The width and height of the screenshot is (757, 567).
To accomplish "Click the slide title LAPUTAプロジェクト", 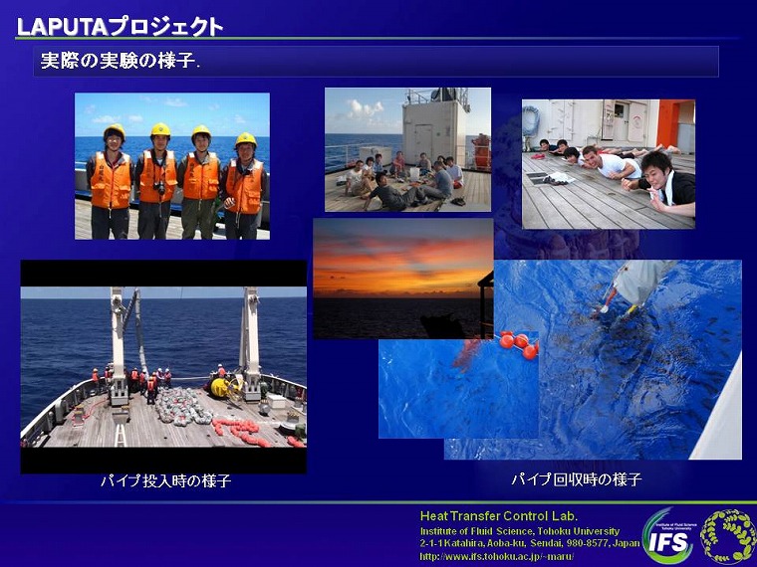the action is tap(120, 27).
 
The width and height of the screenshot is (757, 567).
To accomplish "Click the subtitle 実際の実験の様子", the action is tap(120, 62).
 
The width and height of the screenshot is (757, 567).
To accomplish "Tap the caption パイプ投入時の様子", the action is tap(165, 480).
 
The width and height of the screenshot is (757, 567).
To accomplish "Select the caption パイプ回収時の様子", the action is tap(577, 479).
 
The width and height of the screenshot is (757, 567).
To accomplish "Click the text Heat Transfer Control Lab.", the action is tap(499, 516).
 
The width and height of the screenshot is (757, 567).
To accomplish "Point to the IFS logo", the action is tap(668, 536).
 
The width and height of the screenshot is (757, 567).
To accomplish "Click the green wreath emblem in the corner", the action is tap(727, 536).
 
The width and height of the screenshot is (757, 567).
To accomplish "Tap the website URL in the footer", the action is tap(497, 557).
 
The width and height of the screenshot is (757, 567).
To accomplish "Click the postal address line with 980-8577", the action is tap(530, 543).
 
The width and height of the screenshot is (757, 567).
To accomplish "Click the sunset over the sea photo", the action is tap(403, 279).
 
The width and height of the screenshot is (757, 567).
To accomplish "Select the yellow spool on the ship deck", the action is tap(220, 387).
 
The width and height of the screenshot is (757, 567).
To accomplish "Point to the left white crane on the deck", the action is tap(118, 345).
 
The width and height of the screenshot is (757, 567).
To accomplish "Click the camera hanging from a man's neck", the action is tap(159, 187).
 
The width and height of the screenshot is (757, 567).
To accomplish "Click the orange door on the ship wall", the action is tap(668, 124).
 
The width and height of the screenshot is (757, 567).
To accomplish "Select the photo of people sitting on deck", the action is tap(407, 149).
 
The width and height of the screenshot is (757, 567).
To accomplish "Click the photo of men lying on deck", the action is tap(609, 164).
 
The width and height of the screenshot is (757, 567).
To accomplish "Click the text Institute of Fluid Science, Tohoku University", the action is tap(520, 531).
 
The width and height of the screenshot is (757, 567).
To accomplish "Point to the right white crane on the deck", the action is tap(250, 344).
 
